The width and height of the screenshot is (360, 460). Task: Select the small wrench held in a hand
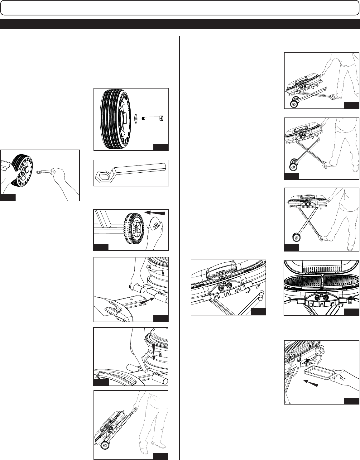tap(44, 171)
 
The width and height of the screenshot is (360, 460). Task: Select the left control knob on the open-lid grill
tap(317, 297)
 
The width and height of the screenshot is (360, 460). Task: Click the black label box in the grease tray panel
tap(351, 400)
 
